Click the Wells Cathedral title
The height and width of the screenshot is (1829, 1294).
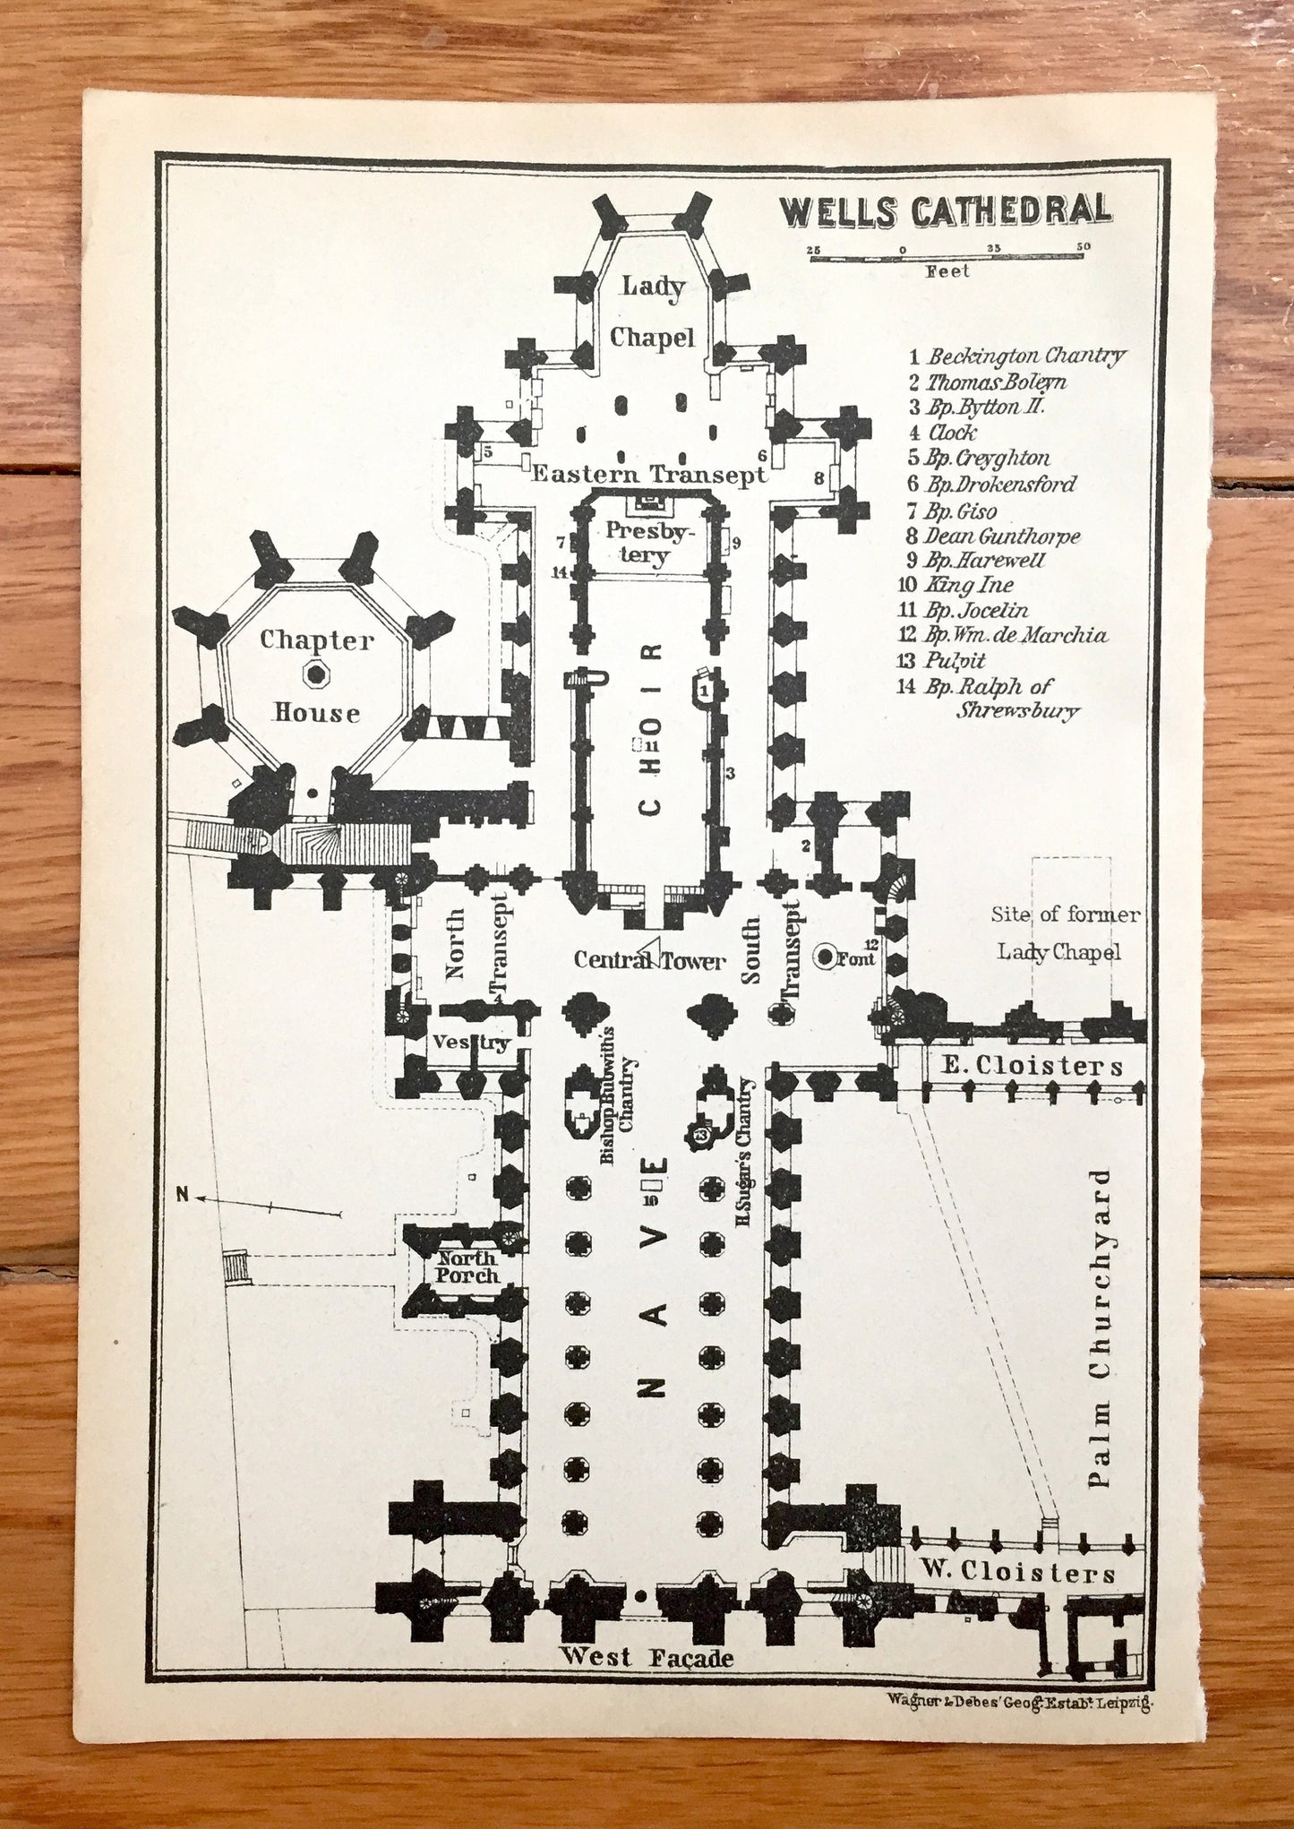tap(945, 211)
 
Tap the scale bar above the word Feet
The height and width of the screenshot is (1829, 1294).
tap(947, 257)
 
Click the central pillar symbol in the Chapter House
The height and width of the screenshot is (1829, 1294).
tap(316, 674)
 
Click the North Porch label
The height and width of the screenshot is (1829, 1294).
tap(466, 1266)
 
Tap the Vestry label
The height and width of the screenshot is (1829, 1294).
tap(471, 1042)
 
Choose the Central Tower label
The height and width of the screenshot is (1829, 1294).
tap(649, 960)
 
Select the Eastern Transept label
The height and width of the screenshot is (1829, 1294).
tap(648, 474)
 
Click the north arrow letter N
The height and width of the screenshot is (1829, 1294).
tap(183, 1193)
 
